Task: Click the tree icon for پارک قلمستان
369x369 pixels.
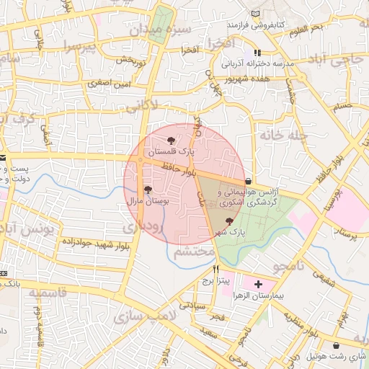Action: pos(171,141)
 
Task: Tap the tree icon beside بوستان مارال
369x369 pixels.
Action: pos(148,190)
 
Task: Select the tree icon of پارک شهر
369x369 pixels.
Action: pos(229,221)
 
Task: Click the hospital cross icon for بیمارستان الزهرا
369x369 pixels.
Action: pos(259,285)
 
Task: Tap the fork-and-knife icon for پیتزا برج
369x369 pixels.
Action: pos(215,269)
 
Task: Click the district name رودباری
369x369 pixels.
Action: pos(143,226)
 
